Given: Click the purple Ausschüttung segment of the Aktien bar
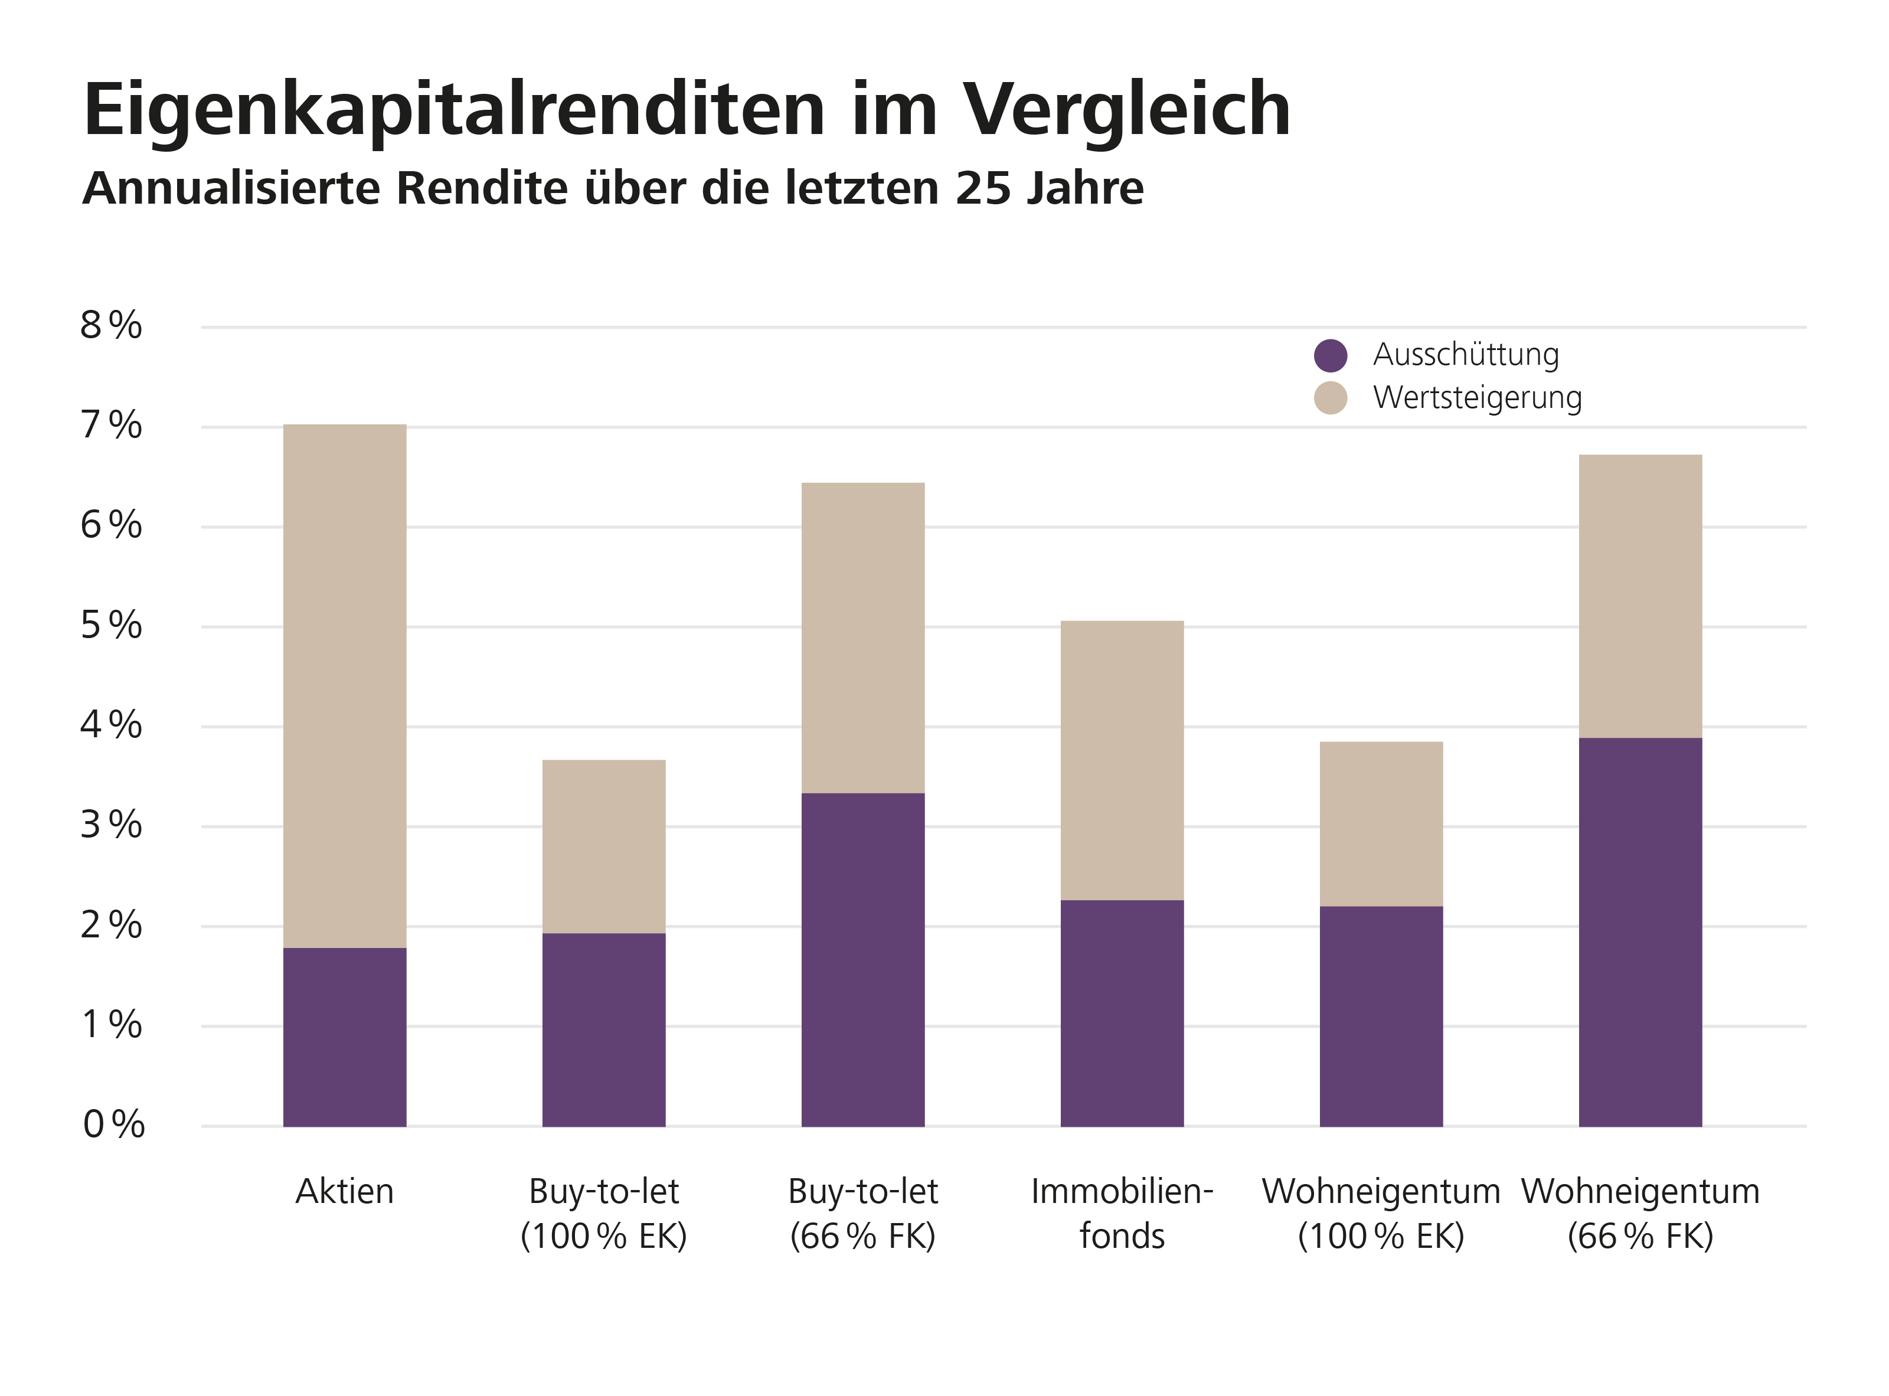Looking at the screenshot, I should coord(344,1037).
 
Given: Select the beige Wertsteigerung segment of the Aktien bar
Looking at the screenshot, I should coord(344,685).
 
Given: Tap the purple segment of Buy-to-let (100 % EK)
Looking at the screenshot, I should coord(603,1029).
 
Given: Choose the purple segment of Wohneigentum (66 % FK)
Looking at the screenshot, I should coord(1640,931).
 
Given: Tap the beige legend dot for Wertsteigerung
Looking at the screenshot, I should coord(1331,398).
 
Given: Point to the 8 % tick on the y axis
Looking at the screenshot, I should coord(111,325).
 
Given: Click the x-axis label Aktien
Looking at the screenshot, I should coord(344,1192).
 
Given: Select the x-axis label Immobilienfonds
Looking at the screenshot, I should coord(1122,1214).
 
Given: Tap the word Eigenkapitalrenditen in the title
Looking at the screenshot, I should coord(454,110).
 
